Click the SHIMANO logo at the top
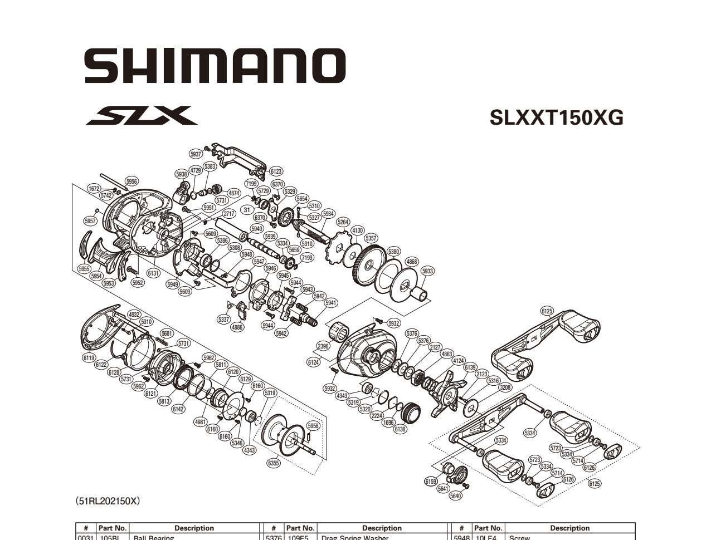(x=215, y=65)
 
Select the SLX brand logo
(x=141, y=116)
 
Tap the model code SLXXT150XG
(x=556, y=117)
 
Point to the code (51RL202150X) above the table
(x=107, y=501)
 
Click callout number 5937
(x=196, y=154)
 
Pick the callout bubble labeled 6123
(x=276, y=171)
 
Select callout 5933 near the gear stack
(x=427, y=271)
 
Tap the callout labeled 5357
(x=371, y=238)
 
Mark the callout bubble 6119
(x=89, y=358)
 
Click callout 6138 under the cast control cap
(x=400, y=429)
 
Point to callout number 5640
(x=455, y=495)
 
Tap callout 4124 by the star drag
(x=458, y=360)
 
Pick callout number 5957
(x=90, y=221)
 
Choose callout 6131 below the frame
(x=153, y=273)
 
